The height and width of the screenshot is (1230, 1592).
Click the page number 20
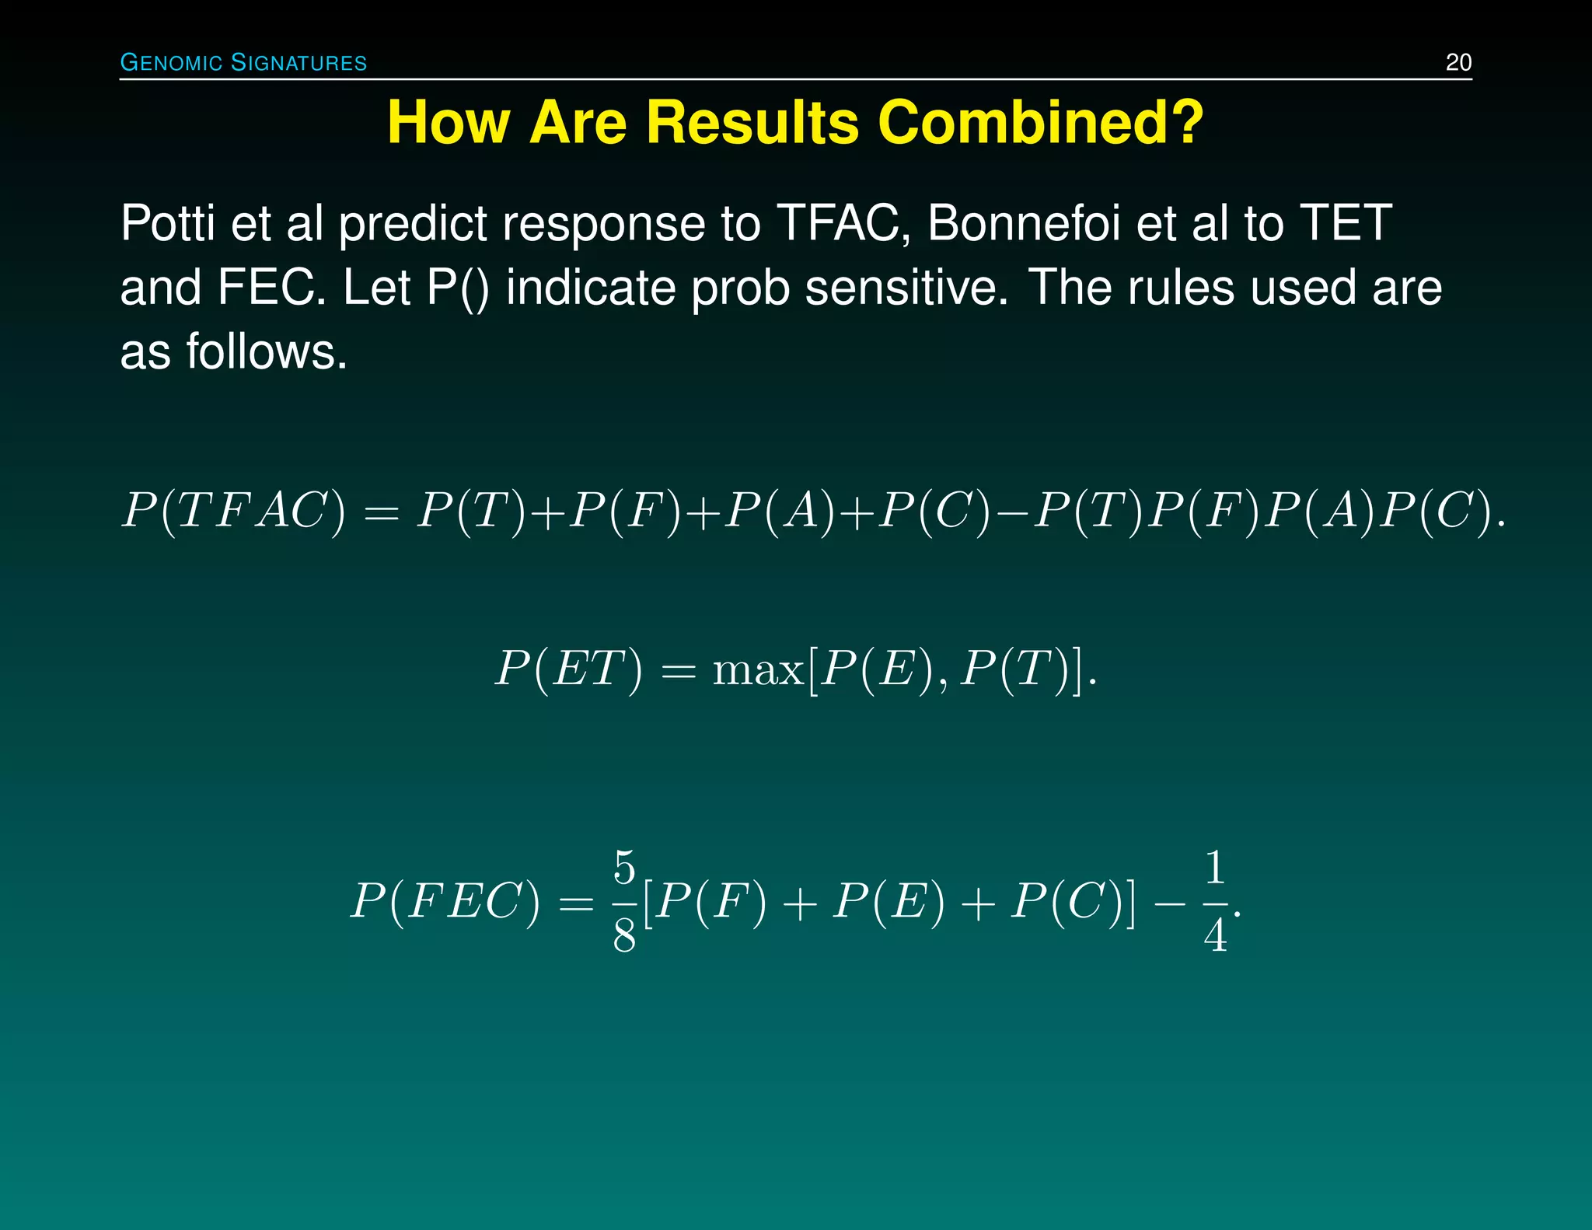coord(1458,62)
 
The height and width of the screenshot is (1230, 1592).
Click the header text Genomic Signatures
coord(243,62)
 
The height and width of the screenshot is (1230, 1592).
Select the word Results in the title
coord(752,123)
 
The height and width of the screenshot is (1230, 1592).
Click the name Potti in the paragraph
coord(166,224)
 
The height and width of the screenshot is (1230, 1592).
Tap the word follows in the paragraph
coord(266,352)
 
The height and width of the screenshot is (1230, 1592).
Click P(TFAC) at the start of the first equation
coord(233,512)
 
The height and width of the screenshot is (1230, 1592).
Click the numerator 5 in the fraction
coord(624,868)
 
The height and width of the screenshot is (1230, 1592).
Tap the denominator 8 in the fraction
coord(624,936)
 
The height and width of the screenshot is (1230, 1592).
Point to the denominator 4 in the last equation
coord(1215,936)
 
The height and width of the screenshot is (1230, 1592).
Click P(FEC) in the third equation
coord(445,903)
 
